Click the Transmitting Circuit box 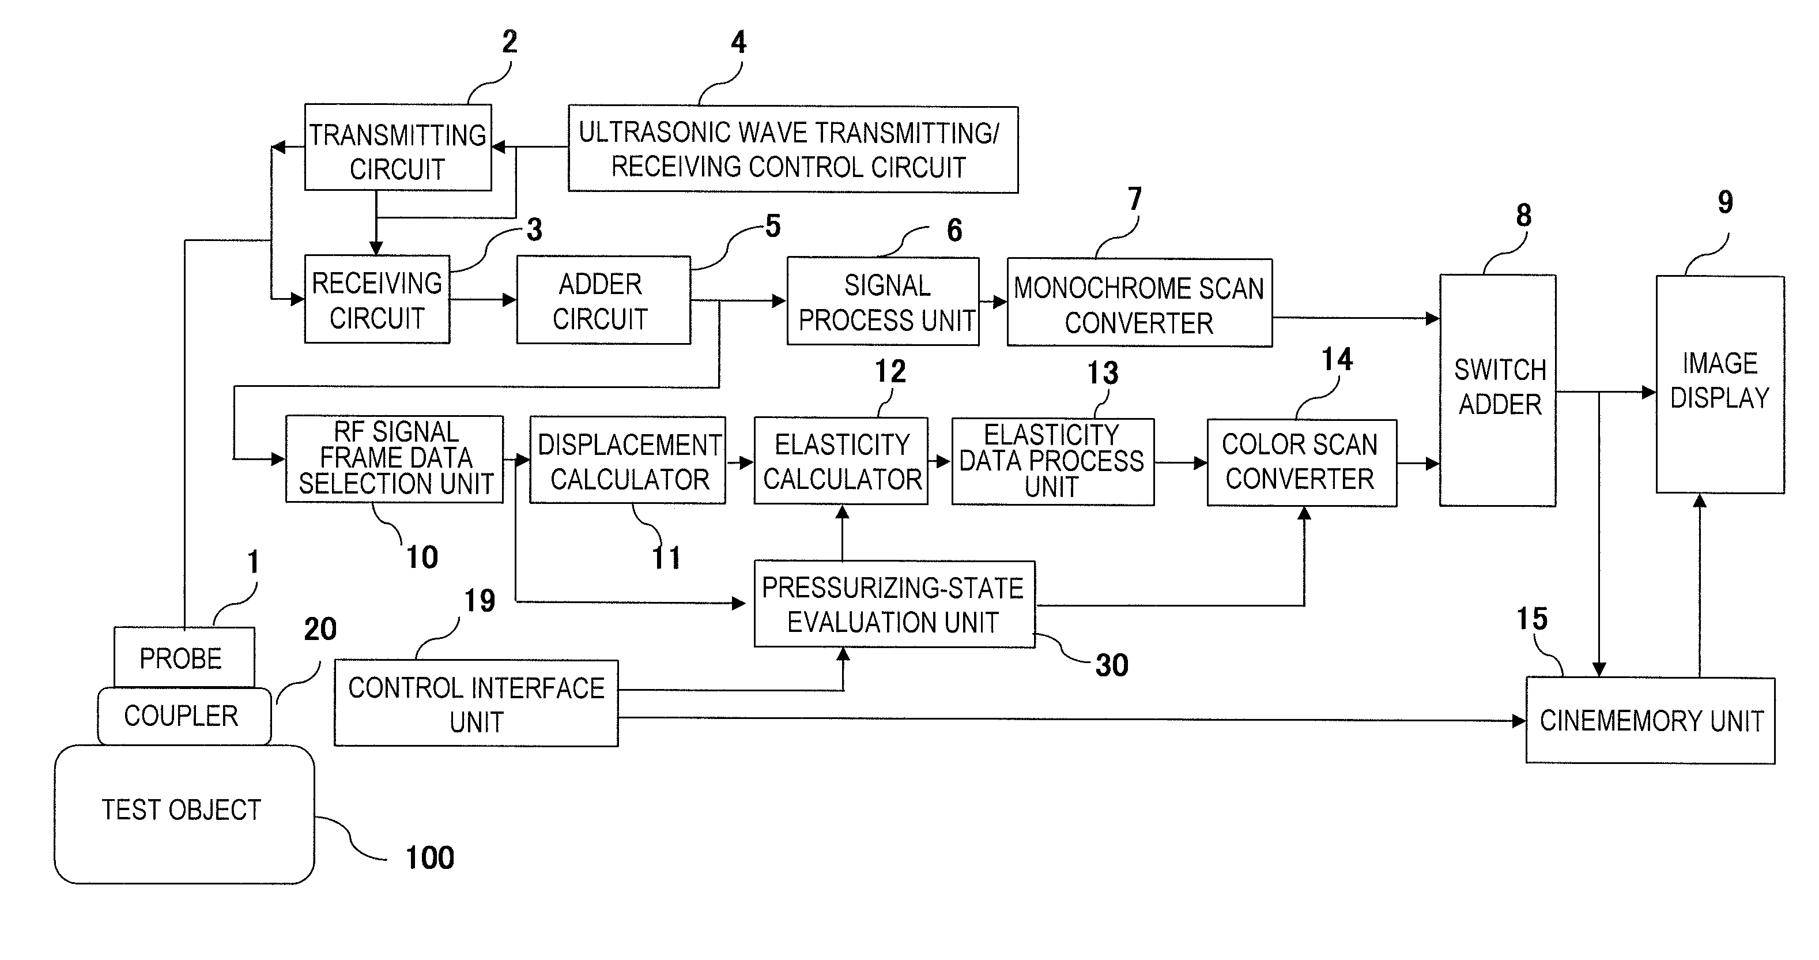398,147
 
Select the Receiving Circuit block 377,299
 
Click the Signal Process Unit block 882,302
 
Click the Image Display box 1720,385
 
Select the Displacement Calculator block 628,460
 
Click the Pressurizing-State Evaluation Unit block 895,605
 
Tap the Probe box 184,657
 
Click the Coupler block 184,716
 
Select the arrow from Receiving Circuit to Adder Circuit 483,299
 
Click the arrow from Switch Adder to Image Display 1606,392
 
